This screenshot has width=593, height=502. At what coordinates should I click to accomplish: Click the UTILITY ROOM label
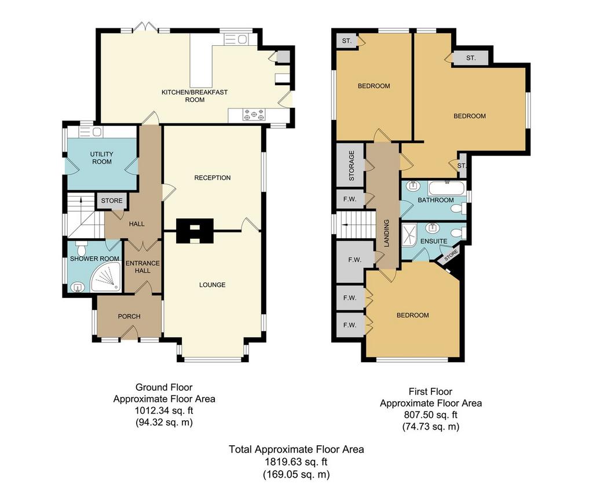tap(102, 158)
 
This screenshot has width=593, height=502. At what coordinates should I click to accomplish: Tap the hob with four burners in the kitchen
tap(254, 115)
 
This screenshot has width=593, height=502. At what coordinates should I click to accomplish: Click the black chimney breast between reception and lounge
tap(195, 231)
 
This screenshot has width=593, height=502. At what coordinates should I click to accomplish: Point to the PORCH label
tap(129, 317)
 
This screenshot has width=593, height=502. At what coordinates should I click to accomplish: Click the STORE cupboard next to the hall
tap(112, 201)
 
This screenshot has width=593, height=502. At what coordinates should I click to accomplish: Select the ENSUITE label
tap(434, 241)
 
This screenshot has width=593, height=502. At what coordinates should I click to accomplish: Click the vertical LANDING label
tap(386, 233)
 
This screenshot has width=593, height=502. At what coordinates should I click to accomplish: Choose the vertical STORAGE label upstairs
tap(352, 165)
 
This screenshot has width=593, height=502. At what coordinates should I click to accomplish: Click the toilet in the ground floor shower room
tap(81, 248)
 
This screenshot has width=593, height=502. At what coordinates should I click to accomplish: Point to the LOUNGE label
tap(212, 285)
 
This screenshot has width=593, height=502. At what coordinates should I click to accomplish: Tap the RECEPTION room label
tap(212, 177)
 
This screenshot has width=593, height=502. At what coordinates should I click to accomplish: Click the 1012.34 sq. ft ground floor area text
tap(164, 410)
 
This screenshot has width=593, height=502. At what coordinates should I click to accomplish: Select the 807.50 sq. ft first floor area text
tap(431, 414)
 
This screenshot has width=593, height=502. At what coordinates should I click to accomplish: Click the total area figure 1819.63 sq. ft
tap(296, 462)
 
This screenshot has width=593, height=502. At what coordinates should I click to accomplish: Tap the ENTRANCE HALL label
tap(142, 267)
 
